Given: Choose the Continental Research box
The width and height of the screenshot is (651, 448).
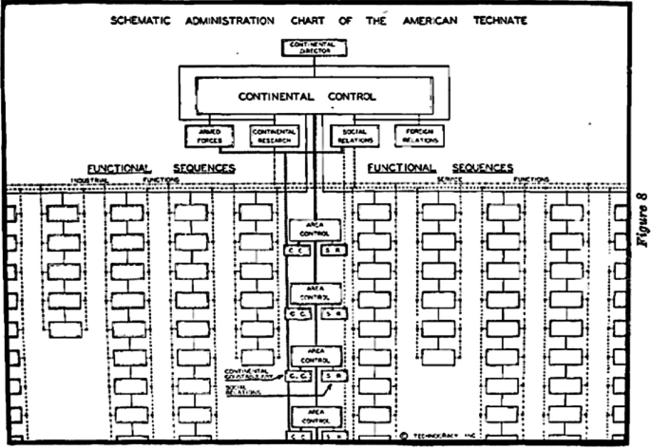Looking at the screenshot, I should [x=275, y=137].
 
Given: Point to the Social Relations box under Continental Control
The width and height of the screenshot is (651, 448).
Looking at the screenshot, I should [x=354, y=137].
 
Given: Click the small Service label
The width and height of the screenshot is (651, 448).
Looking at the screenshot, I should [x=449, y=180].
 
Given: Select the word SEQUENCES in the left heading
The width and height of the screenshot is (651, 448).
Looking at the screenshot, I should [x=203, y=168].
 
